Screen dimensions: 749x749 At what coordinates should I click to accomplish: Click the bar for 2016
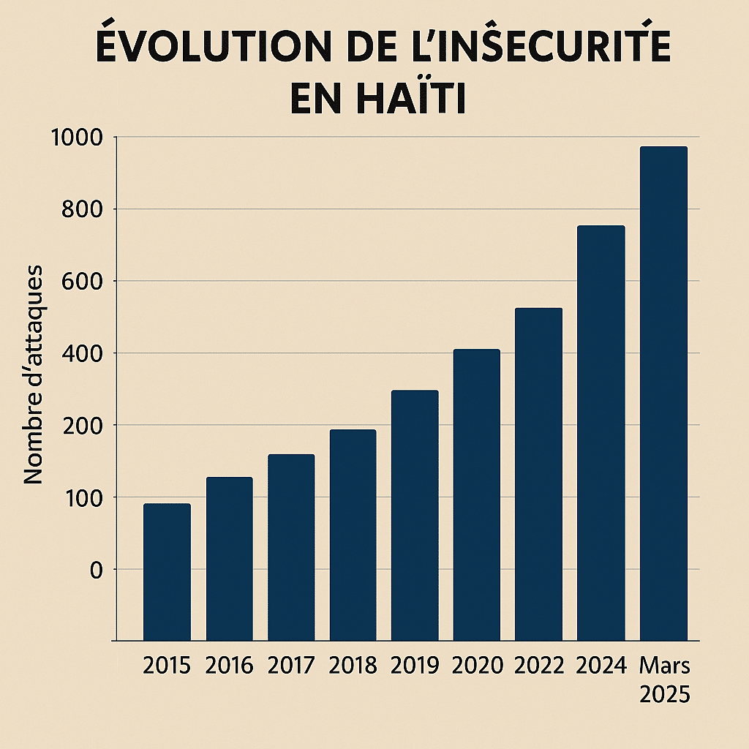pyautogui.click(x=229, y=559)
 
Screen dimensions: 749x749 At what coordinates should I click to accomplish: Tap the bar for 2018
pyautogui.click(x=353, y=535)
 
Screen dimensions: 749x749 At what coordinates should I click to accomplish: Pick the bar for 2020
pyautogui.click(x=476, y=495)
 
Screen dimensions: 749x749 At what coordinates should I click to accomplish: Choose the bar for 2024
pyautogui.click(x=601, y=433)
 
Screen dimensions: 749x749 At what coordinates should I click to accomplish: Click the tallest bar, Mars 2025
pyautogui.click(x=663, y=394)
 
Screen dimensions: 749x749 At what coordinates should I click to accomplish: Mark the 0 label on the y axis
pyautogui.click(x=97, y=570)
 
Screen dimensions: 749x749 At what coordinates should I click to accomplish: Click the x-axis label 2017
pyautogui.click(x=291, y=666)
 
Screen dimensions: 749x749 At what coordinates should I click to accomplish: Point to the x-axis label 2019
pyautogui.click(x=415, y=666)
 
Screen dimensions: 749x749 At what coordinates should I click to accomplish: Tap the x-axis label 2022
pyautogui.click(x=539, y=666)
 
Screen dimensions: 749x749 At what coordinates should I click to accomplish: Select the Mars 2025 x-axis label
pyautogui.click(x=664, y=680)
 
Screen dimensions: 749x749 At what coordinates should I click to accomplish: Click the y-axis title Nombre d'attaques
pyautogui.click(x=34, y=374)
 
